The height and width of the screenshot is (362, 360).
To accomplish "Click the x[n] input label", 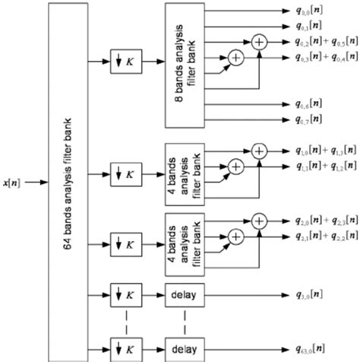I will click(x=14, y=183).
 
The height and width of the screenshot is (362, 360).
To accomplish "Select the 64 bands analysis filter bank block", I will click(x=69, y=183).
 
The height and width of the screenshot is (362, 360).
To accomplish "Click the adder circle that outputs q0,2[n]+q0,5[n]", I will click(x=260, y=41).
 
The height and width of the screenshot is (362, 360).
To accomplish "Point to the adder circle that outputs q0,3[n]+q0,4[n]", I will click(x=235, y=57).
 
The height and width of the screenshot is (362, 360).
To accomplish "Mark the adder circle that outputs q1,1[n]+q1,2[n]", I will click(x=235, y=166).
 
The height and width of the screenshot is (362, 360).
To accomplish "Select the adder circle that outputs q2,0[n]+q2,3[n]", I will click(x=260, y=221).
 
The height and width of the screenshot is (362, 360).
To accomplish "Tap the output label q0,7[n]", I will click(x=311, y=119).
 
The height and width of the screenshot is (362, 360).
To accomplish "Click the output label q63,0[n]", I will click(x=312, y=349).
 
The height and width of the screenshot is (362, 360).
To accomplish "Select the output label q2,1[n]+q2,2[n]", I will click(x=326, y=237).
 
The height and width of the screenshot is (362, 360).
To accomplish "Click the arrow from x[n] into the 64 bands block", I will click(x=37, y=183).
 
